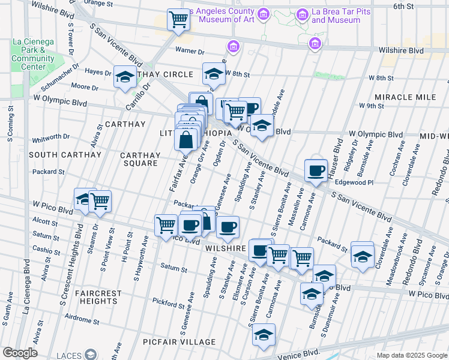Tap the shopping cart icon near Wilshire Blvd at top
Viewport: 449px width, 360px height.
click(x=178, y=20)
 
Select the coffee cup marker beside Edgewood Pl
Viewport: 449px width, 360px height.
click(x=316, y=171)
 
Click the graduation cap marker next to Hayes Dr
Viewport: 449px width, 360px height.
click(x=125, y=77)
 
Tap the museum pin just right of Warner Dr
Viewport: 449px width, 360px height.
click(x=233, y=46)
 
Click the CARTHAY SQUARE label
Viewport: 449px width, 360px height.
click(x=140, y=159)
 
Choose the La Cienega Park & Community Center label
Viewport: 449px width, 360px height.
click(x=32, y=54)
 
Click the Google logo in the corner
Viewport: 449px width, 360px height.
click(x=20, y=353)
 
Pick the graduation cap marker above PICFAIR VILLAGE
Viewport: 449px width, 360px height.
click(x=263, y=335)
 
